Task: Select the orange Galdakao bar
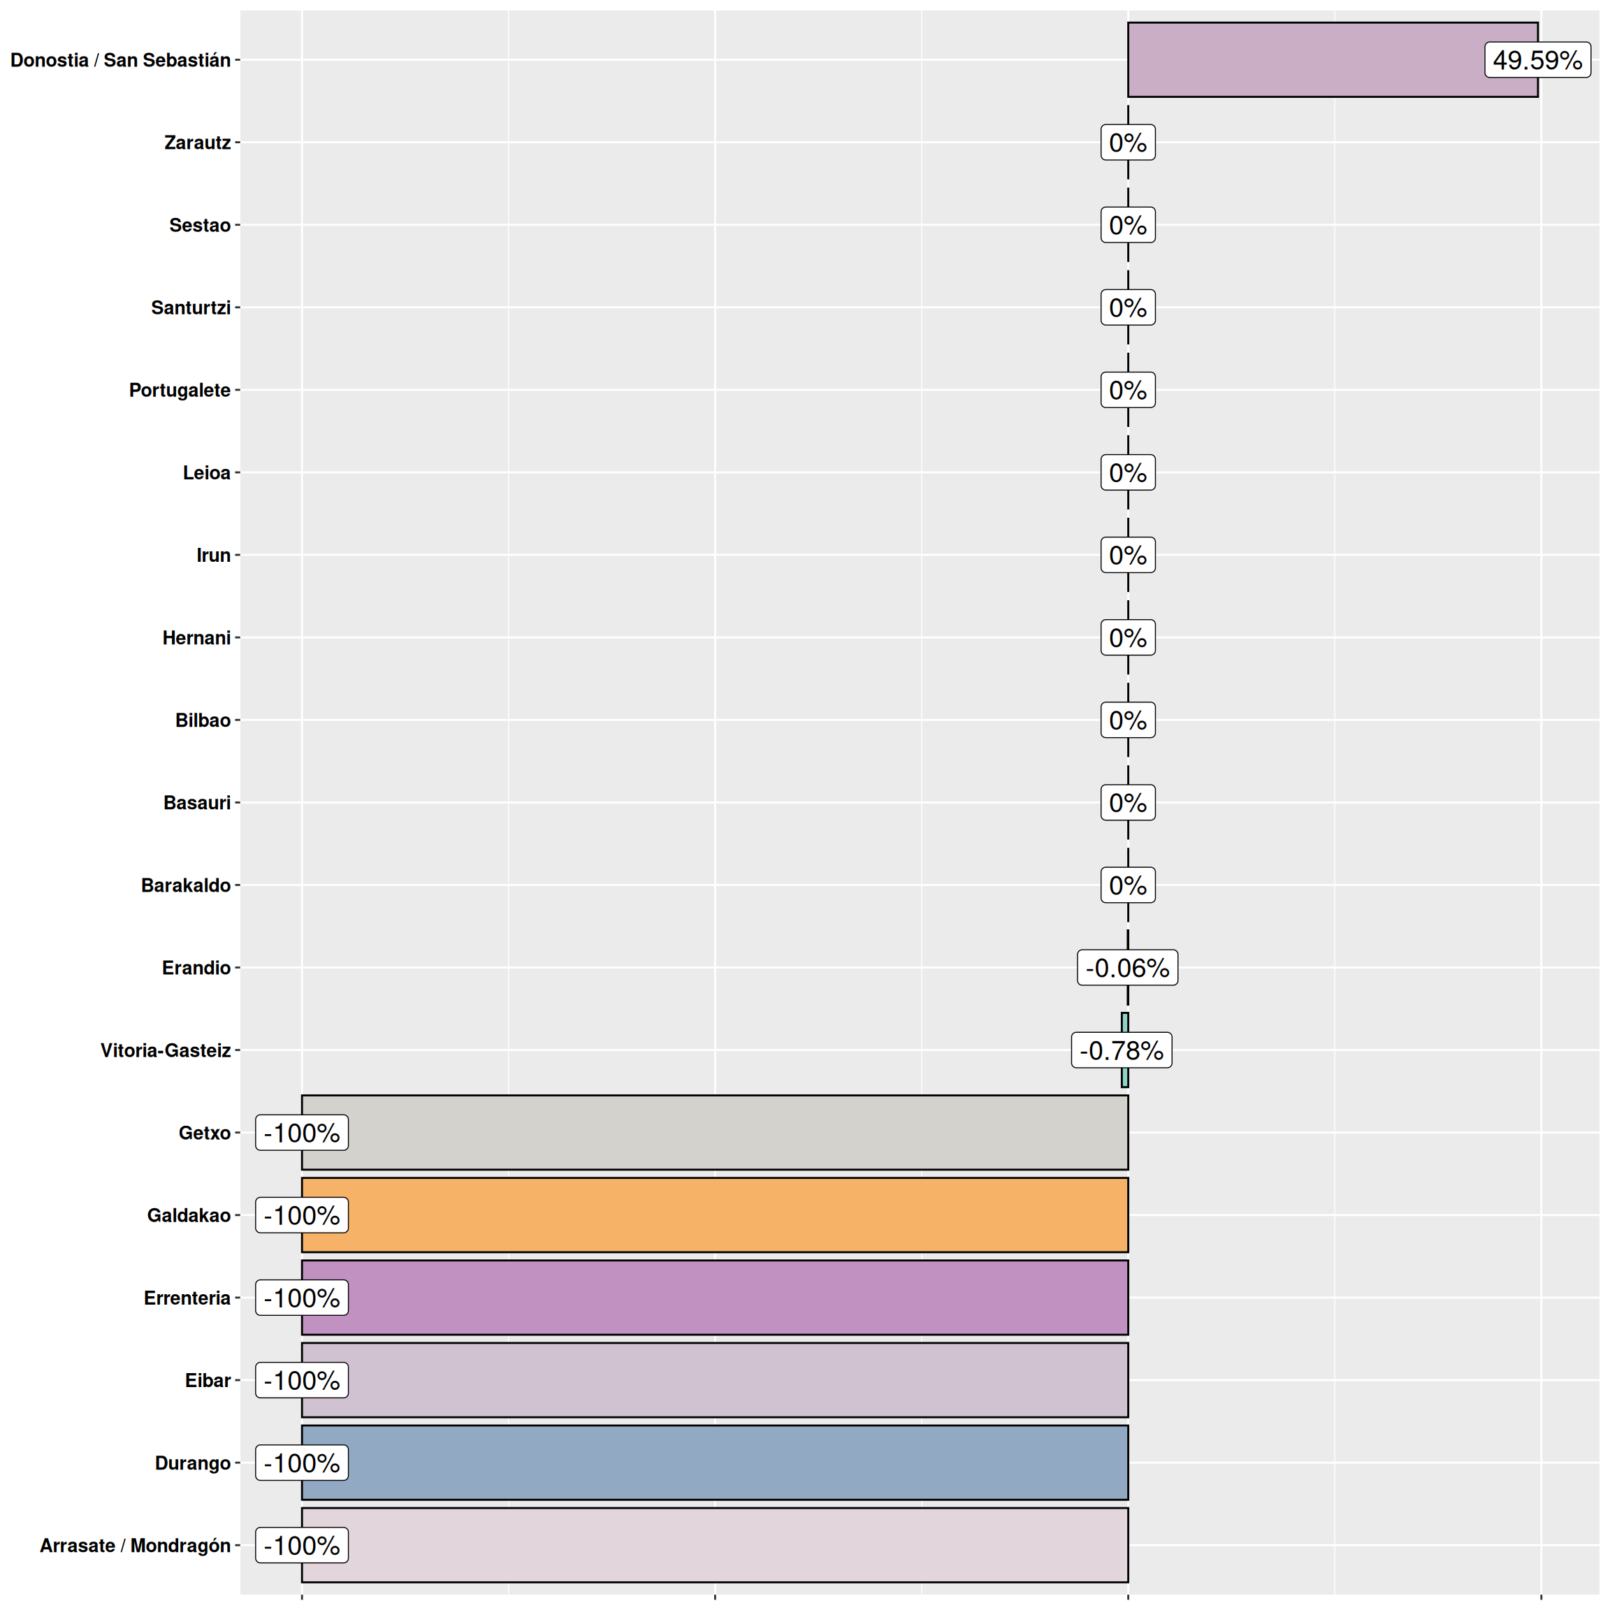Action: pyautogui.click(x=714, y=1215)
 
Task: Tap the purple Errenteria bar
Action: pyautogui.click(x=714, y=1298)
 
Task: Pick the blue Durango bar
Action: pyautogui.click(x=714, y=1463)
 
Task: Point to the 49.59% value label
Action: pyautogui.click(x=1537, y=60)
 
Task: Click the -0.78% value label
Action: pyautogui.click(x=1121, y=1050)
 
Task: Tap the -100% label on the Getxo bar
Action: pyautogui.click(x=302, y=1133)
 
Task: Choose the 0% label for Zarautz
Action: pyautogui.click(x=1128, y=143)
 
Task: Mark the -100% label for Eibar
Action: pyautogui.click(x=302, y=1380)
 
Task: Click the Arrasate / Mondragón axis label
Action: pyautogui.click(x=135, y=1545)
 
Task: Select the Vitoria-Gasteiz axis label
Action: pyautogui.click(x=165, y=1050)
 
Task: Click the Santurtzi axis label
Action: pyautogui.click(x=190, y=307)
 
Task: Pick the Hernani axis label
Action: pyautogui.click(x=196, y=637)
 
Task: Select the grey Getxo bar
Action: pyautogui.click(x=714, y=1133)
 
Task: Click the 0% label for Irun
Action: pyautogui.click(x=1128, y=555)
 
